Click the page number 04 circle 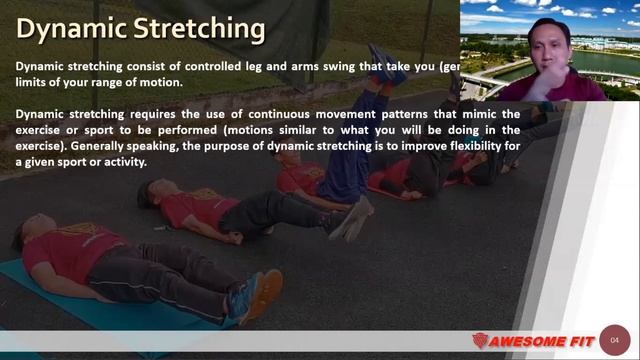pos(615,338)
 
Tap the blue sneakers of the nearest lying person pos(250,295)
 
